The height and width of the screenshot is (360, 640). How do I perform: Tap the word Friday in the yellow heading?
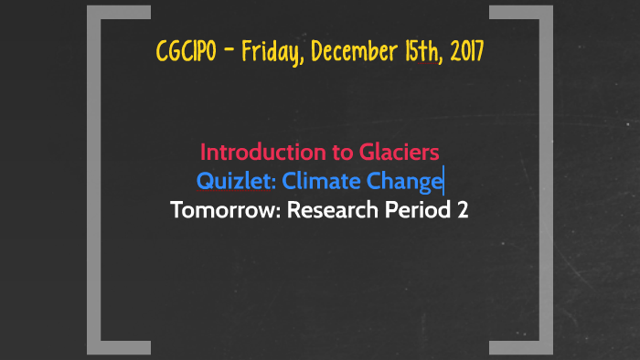[274, 52]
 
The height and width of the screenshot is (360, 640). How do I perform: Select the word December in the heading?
[351, 52]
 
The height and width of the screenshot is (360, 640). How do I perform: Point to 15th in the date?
[417, 52]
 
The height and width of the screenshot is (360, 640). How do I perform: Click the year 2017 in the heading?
[464, 52]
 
